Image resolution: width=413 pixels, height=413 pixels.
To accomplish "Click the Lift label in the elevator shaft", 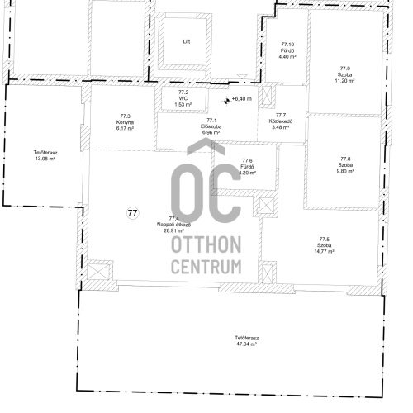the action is pyautogui.click(x=187, y=41).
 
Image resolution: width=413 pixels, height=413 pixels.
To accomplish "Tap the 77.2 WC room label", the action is pyautogui.click(x=183, y=98).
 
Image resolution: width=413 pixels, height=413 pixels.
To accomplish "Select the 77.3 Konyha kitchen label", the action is pyautogui.click(x=125, y=122).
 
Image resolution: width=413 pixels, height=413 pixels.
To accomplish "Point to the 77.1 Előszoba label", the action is pyautogui.click(x=211, y=126).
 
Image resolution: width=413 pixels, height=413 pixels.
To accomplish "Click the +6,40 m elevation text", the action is pyautogui.click(x=242, y=98).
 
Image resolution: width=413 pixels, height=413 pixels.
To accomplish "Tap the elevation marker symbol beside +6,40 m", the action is pyautogui.click(x=226, y=101).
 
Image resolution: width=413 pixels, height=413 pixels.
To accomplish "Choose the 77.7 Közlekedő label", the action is pyautogui.click(x=281, y=121).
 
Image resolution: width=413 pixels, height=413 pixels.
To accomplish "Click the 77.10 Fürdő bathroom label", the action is pyautogui.click(x=287, y=50).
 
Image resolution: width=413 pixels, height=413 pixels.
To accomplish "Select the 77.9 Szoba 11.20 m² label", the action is pyautogui.click(x=344, y=74).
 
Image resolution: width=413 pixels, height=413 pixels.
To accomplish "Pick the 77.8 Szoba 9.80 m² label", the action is pyautogui.click(x=345, y=165).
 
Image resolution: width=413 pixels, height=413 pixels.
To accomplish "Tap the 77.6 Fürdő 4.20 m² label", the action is pyautogui.click(x=247, y=167).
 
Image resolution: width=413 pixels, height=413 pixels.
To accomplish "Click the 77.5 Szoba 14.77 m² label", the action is pyautogui.click(x=325, y=245).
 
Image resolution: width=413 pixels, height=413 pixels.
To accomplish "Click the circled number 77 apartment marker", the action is pyautogui.click(x=133, y=213).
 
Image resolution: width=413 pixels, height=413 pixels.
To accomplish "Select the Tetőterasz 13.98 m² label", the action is pyautogui.click(x=45, y=155).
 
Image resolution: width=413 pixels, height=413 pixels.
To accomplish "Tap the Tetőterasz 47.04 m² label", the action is pyautogui.click(x=247, y=341).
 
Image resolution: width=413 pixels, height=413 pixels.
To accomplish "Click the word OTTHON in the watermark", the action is pyautogui.click(x=206, y=244).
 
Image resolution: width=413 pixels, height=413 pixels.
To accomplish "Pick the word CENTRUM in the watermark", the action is pyautogui.click(x=206, y=266).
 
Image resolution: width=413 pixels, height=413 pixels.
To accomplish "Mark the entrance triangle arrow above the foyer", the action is pyautogui.click(x=242, y=77).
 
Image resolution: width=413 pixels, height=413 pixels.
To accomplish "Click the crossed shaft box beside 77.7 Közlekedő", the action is pyautogui.click(x=267, y=95).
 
